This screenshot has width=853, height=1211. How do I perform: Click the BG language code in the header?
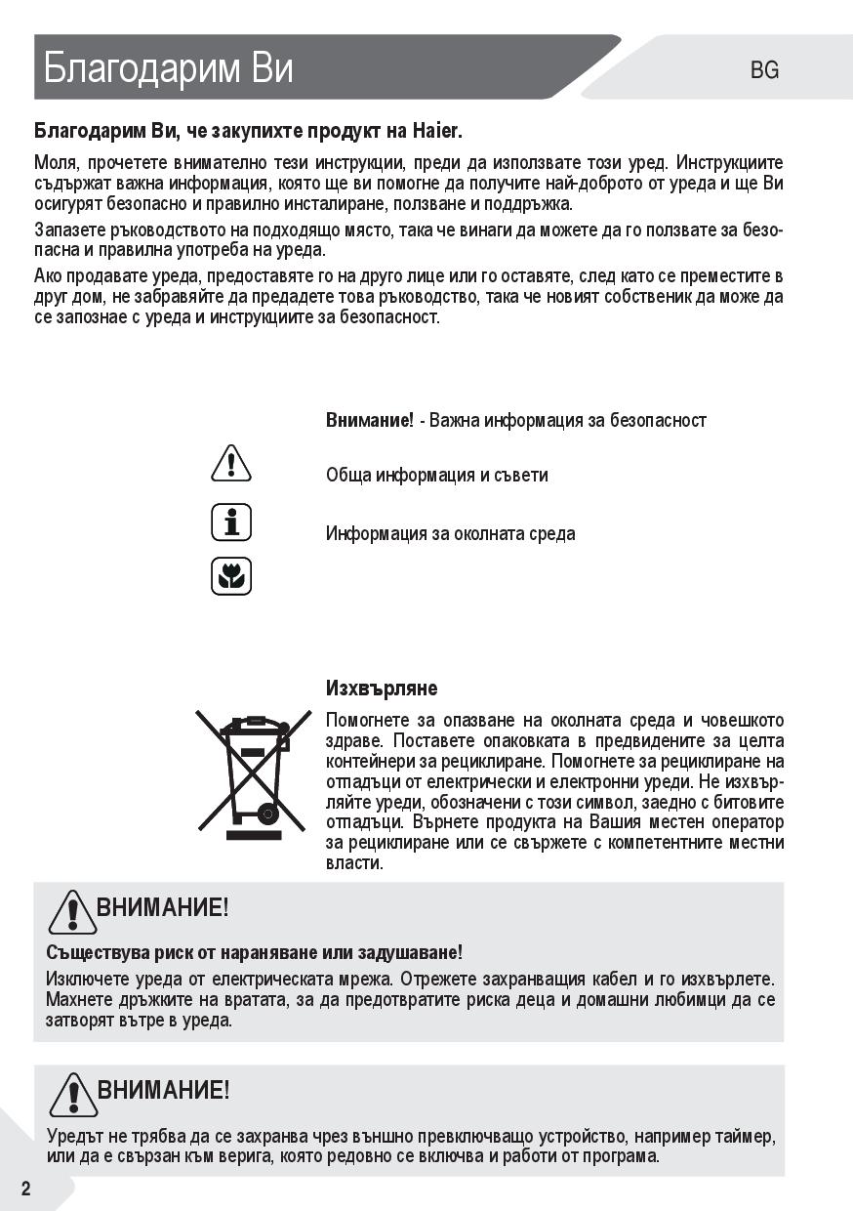(x=765, y=70)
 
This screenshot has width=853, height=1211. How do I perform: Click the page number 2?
(x=25, y=1189)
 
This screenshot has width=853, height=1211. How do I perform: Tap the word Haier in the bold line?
(x=436, y=131)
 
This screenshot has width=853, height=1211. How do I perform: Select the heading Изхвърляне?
(x=382, y=689)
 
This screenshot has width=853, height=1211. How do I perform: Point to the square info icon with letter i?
(x=231, y=522)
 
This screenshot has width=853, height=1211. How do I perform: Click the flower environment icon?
(x=231, y=576)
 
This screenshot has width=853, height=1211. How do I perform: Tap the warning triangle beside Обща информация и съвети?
(x=231, y=463)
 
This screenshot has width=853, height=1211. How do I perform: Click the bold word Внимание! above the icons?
(x=370, y=420)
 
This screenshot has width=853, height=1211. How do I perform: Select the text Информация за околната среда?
(x=450, y=534)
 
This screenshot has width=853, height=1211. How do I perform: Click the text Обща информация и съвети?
(x=436, y=476)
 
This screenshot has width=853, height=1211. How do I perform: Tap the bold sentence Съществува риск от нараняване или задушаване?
(x=254, y=952)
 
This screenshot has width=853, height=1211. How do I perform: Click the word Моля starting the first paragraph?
(x=56, y=162)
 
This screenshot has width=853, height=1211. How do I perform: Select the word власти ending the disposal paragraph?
(x=354, y=863)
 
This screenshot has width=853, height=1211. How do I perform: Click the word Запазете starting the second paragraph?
(x=67, y=230)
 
